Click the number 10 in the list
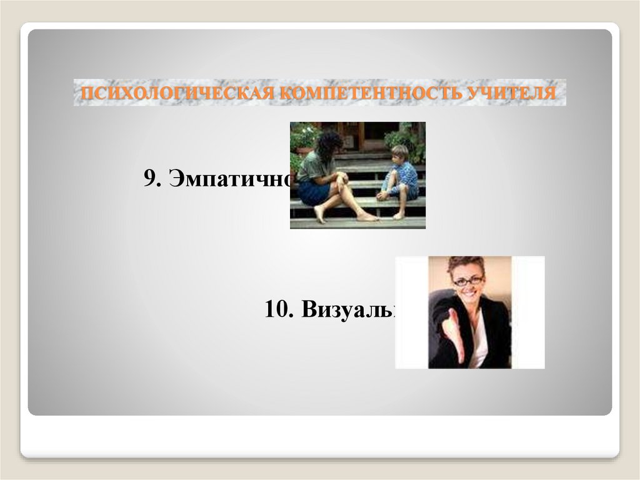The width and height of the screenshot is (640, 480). coord(276,309)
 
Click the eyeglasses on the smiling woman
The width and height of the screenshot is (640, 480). coord(468,281)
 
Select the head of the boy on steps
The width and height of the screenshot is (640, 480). coord(400,153)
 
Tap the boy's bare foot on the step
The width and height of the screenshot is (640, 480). coord(397,216)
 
